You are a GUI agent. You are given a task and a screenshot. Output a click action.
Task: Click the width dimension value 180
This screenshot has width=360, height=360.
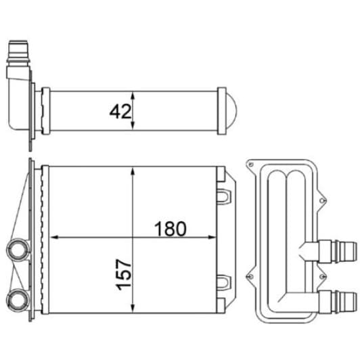170,228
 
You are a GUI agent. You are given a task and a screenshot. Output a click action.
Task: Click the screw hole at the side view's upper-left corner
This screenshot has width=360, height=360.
250,164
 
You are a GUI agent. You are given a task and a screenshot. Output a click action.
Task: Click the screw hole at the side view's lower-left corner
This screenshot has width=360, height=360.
250,276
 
